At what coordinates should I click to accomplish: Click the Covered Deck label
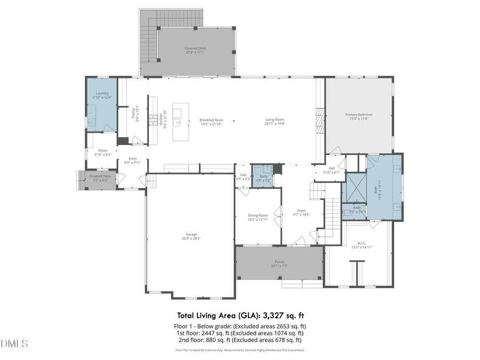click(x=195, y=48)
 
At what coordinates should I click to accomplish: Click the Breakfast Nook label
click(x=211, y=120)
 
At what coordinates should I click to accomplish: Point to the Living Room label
click(x=275, y=119)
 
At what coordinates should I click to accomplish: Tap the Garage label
click(x=191, y=234)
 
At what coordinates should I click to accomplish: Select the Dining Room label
click(x=258, y=215)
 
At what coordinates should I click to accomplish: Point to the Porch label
click(x=279, y=261)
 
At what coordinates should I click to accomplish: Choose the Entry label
click(x=132, y=158)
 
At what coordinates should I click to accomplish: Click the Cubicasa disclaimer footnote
click(x=240, y=350)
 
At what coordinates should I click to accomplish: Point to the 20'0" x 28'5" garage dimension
click(x=191, y=238)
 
